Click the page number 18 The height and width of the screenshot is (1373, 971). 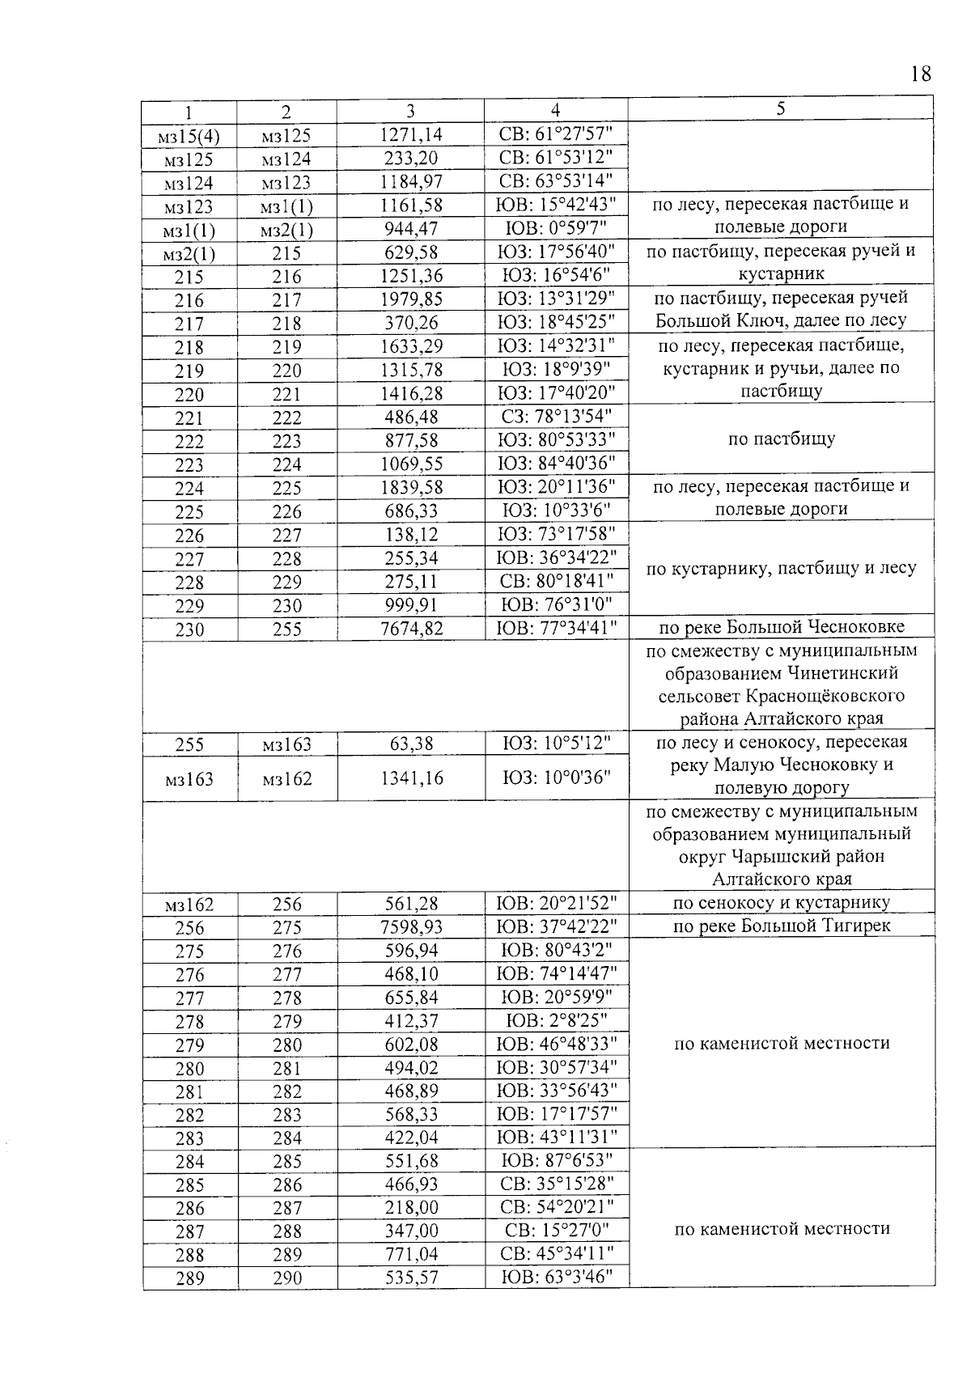(x=920, y=74)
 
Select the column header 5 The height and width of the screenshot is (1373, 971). (x=780, y=109)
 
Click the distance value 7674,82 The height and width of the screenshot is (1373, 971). (x=411, y=629)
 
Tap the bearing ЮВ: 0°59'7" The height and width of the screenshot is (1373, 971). (x=556, y=229)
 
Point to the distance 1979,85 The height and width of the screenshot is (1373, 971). (x=411, y=299)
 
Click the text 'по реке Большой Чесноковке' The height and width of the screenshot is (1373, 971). (x=781, y=627)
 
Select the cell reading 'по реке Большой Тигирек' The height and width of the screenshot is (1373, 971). (x=781, y=926)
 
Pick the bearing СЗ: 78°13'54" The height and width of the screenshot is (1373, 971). (x=556, y=417)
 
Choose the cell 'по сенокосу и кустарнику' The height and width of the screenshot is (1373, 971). (x=781, y=903)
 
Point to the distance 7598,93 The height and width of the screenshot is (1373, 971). (x=411, y=927)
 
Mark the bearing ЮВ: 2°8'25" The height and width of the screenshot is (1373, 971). (x=556, y=1021)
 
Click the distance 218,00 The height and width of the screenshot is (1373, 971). (x=411, y=1208)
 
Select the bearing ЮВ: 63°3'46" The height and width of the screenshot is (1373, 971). (x=556, y=1278)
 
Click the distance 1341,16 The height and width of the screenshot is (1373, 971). (x=411, y=778)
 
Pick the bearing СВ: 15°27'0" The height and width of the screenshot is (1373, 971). (x=556, y=1231)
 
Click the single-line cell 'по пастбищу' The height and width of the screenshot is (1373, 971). (x=781, y=440)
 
